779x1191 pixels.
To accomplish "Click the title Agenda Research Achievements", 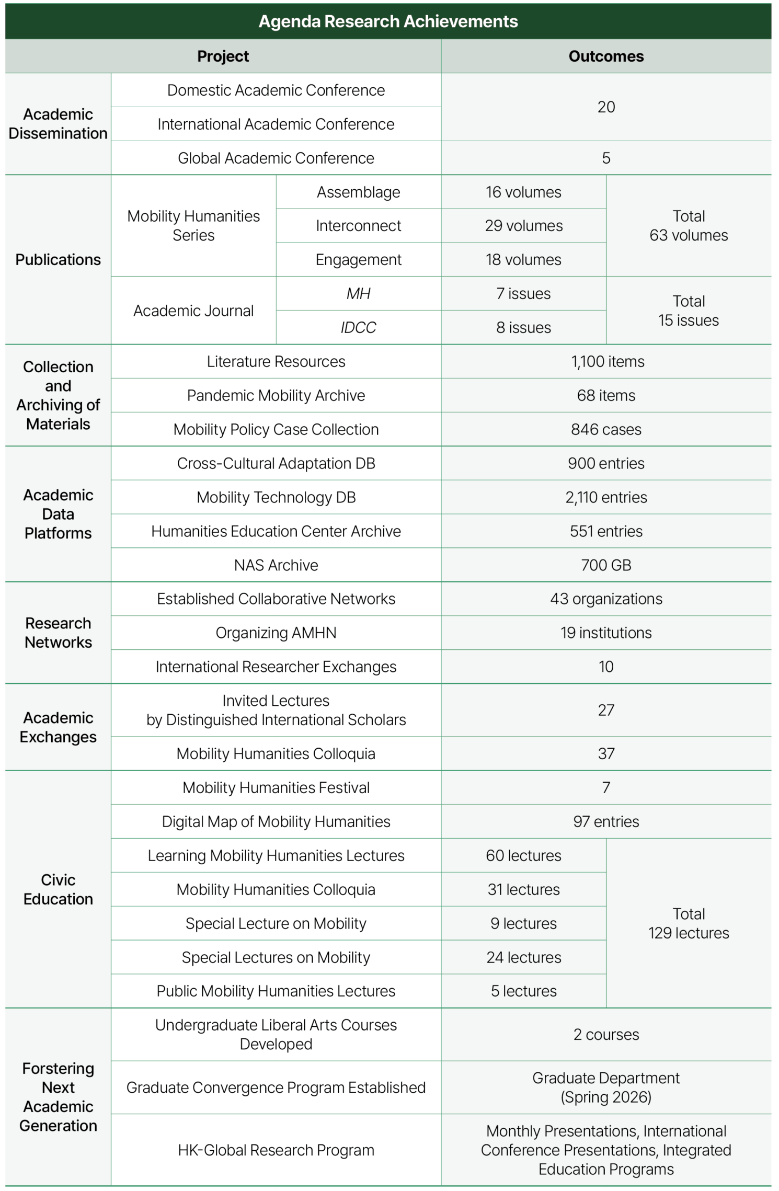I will (x=388, y=21).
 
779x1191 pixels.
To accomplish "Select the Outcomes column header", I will (x=606, y=56).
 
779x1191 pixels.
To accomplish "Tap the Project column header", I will (x=223, y=56).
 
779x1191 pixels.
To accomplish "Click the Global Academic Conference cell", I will (x=276, y=158).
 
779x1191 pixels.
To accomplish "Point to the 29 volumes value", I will (x=523, y=226).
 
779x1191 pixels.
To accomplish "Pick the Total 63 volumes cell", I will (x=689, y=226).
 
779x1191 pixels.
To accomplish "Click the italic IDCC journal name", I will (x=358, y=327).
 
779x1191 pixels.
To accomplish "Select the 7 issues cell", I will (x=523, y=294).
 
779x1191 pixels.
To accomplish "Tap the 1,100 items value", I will (x=608, y=361).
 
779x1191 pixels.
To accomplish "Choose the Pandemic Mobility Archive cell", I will (x=276, y=395).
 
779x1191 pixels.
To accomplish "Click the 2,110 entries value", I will (x=606, y=497).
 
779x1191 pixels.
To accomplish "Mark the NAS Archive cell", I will (x=276, y=565).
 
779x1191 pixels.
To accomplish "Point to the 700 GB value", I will (x=606, y=565).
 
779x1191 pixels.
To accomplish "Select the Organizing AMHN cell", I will (x=276, y=633).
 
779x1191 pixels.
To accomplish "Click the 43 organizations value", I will (x=606, y=599).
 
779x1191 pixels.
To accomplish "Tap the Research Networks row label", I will (x=58, y=633).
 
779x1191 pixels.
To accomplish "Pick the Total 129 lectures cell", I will (x=689, y=923).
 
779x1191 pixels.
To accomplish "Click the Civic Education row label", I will (x=58, y=889).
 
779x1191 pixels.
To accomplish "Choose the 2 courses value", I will (x=606, y=1034).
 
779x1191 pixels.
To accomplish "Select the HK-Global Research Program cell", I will (x=276, y=1150).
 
